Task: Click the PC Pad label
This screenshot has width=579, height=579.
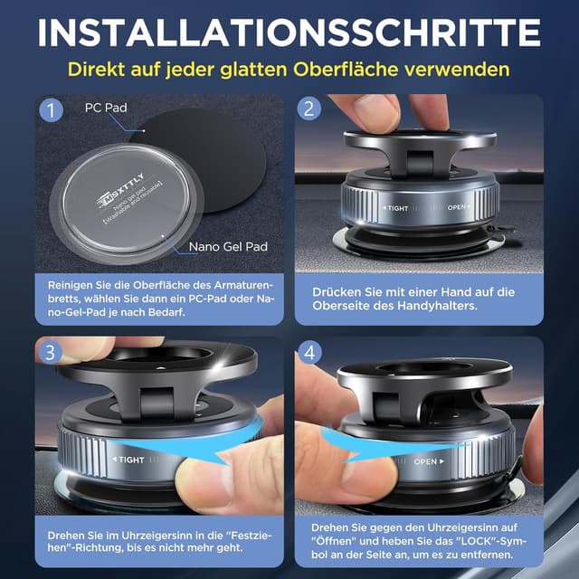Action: coord(105,108)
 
